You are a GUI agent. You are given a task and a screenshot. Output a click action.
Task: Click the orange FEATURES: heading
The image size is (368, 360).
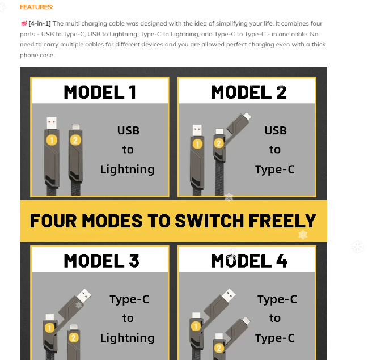click(x=36, y=7)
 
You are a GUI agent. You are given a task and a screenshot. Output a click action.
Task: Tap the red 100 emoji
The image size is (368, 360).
click(x=24, y=23)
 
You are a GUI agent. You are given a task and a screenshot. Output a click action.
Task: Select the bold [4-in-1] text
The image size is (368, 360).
click(x=40, y=23)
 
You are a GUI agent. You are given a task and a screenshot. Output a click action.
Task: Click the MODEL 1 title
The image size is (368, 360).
click(x=100, y=92)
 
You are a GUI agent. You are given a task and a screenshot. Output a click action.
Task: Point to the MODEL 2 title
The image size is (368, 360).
click(x=249, y=92)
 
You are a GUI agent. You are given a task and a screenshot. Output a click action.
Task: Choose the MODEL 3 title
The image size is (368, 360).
click(x=101, y=261)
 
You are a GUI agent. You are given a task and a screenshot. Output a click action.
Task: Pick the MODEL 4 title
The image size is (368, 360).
click(x=249, y=261)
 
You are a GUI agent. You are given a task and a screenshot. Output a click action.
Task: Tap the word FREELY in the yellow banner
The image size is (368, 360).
click(x=282, y=221)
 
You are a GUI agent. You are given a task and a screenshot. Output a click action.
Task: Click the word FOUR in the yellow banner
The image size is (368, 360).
click(x=53, y=221)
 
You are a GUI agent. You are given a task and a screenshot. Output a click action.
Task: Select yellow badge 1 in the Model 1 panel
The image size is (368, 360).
click(x=52, y=140)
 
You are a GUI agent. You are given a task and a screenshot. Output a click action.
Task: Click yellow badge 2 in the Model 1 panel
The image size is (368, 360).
click(x=75, y=140)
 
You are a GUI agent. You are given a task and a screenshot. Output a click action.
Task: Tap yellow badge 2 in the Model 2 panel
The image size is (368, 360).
click(x=219, y=143)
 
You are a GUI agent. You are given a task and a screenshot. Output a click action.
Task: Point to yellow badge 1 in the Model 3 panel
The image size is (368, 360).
click(x=50, y=328)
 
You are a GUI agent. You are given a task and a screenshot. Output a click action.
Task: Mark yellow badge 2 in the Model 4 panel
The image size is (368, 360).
click(x=219, y=348)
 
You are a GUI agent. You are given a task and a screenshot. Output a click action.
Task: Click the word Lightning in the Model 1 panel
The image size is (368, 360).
click(x=127, y=170)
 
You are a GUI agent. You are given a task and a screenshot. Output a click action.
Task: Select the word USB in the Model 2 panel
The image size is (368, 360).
click(x=276, y=131)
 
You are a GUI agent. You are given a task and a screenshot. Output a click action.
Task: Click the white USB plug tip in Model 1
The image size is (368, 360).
click(x=52, y=123)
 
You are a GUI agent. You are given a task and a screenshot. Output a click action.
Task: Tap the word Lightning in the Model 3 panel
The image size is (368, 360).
click(x=127, y=338)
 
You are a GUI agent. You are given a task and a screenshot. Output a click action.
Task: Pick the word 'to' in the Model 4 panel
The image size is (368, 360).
click(x=275, y=319)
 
